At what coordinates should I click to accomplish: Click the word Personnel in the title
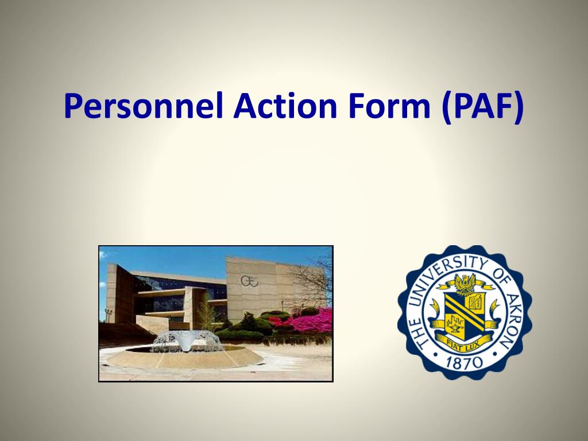[144, 106]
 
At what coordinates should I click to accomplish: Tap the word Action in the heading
[285, 106]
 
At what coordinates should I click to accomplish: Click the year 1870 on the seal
[464, 362]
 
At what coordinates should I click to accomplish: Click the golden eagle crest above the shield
[465, 283]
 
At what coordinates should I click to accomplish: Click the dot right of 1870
[494, 354]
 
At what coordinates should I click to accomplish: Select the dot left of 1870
[435, 354]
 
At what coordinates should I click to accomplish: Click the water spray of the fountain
[187, 341]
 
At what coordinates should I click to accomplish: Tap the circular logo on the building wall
[249, 281]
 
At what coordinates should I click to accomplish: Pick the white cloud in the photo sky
[103, 256]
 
